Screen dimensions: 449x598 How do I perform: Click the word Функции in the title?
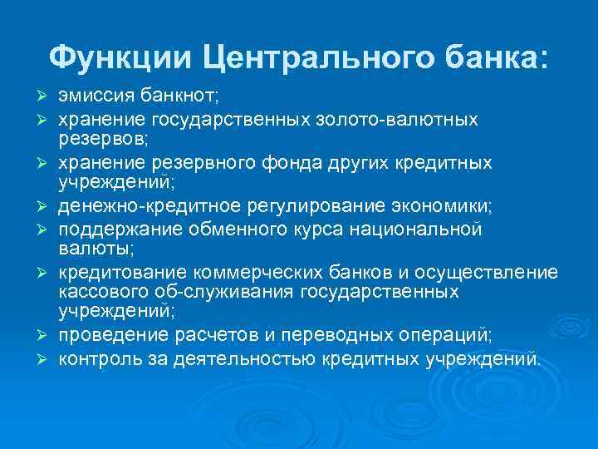pos(120,58)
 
